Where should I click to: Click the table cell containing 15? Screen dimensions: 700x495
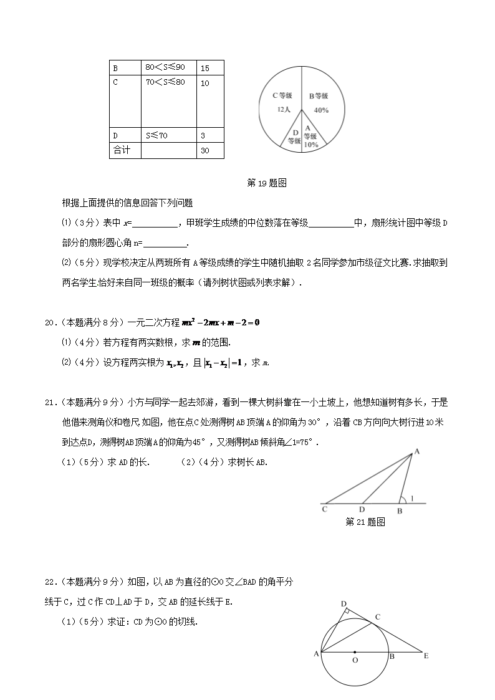pos(210,67)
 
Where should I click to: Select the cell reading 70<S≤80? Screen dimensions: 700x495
pos(165,82)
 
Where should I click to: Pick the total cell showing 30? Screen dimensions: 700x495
pos(210,150)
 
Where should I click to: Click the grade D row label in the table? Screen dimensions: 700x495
pos(116,135)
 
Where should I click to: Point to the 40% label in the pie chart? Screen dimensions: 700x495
pos(321,110)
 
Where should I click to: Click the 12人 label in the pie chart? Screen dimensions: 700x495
pos(284,109)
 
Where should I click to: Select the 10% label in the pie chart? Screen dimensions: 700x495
pos(311,145)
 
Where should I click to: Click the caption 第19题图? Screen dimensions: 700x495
pos(266,183)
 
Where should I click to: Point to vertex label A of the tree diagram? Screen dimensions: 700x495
pos(416,451)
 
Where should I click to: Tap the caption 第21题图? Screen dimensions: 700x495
pos(365,522)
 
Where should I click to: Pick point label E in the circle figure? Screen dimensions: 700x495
pos(426,656)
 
